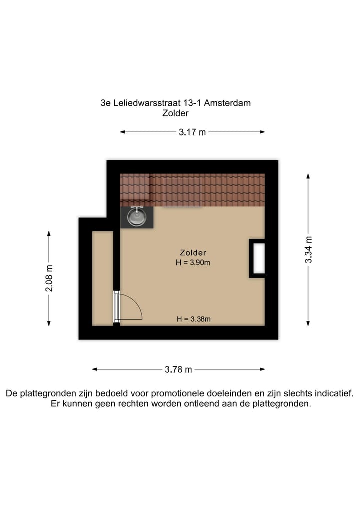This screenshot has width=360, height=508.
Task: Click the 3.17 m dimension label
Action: (x=192, y=132)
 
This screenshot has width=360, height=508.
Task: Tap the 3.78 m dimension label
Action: (x=178, y=370)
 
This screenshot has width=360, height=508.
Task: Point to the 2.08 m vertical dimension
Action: (x=49, y=279)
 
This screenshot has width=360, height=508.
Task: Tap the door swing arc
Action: (x=135, y=305)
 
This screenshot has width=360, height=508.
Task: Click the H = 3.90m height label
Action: (x=193, y=263)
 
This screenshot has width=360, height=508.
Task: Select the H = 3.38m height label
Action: (x=193, y=319)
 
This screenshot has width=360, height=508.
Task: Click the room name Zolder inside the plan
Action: (x=193, y=253)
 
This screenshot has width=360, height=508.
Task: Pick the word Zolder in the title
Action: (x=175, y=113)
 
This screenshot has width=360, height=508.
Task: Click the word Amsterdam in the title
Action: (x=228, y=103)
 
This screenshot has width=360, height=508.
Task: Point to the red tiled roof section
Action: (x=192, y=189)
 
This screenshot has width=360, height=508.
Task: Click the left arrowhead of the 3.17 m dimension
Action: (x=122, y=132)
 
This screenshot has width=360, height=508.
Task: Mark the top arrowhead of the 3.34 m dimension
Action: (x=308, y=176)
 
